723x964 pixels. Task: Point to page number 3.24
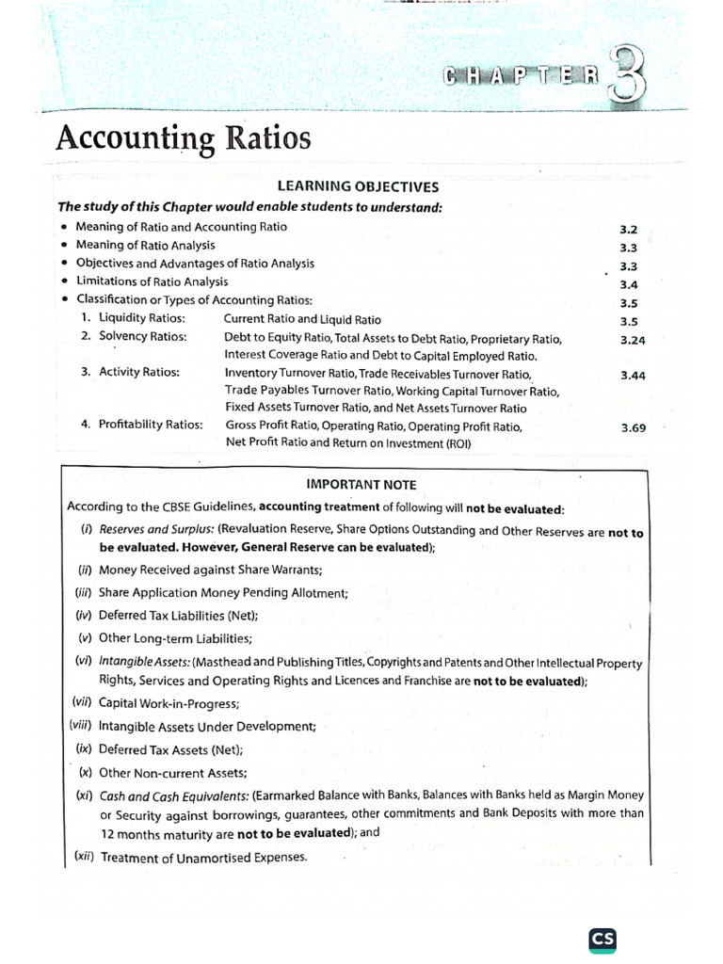pos(633,341)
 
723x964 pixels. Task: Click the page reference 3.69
pos(633,428)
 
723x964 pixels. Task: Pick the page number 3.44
pos(633,376)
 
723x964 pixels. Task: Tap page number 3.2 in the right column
pos(629,230)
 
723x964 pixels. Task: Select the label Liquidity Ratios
pos(142,319)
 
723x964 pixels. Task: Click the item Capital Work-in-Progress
pos(169,703)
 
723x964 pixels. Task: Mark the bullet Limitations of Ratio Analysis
pos(152,281)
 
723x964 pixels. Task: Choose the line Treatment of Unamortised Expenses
pos(203,857)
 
